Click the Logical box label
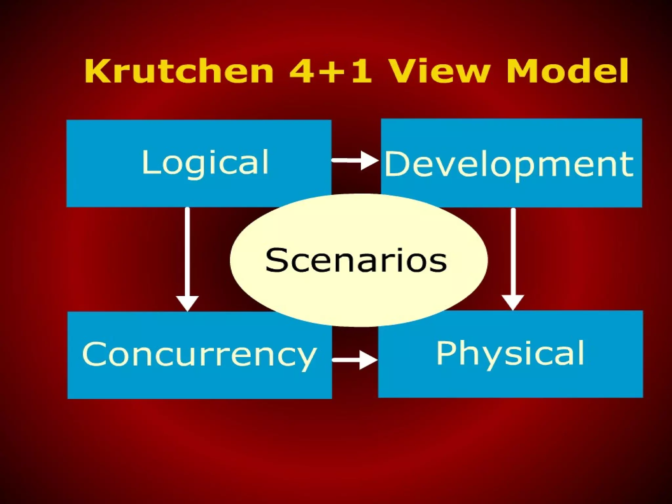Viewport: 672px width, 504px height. pos(205,163)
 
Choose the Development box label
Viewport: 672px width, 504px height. pos(509,164)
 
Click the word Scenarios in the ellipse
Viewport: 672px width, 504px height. pos(356,260)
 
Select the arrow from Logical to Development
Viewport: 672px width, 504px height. pos(354,160)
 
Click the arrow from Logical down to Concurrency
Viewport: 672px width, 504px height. pos(187,256)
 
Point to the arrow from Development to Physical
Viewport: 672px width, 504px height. pos(513,256)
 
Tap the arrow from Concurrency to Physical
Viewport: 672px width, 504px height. pos(354,360)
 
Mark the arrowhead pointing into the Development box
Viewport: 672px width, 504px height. pos(369,160)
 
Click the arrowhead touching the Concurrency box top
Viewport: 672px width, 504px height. pos(187,303)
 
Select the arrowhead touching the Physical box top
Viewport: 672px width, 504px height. pos(513,302)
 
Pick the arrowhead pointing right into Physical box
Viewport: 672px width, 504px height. pos(368,360)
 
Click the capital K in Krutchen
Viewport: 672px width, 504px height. pos(97,72)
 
